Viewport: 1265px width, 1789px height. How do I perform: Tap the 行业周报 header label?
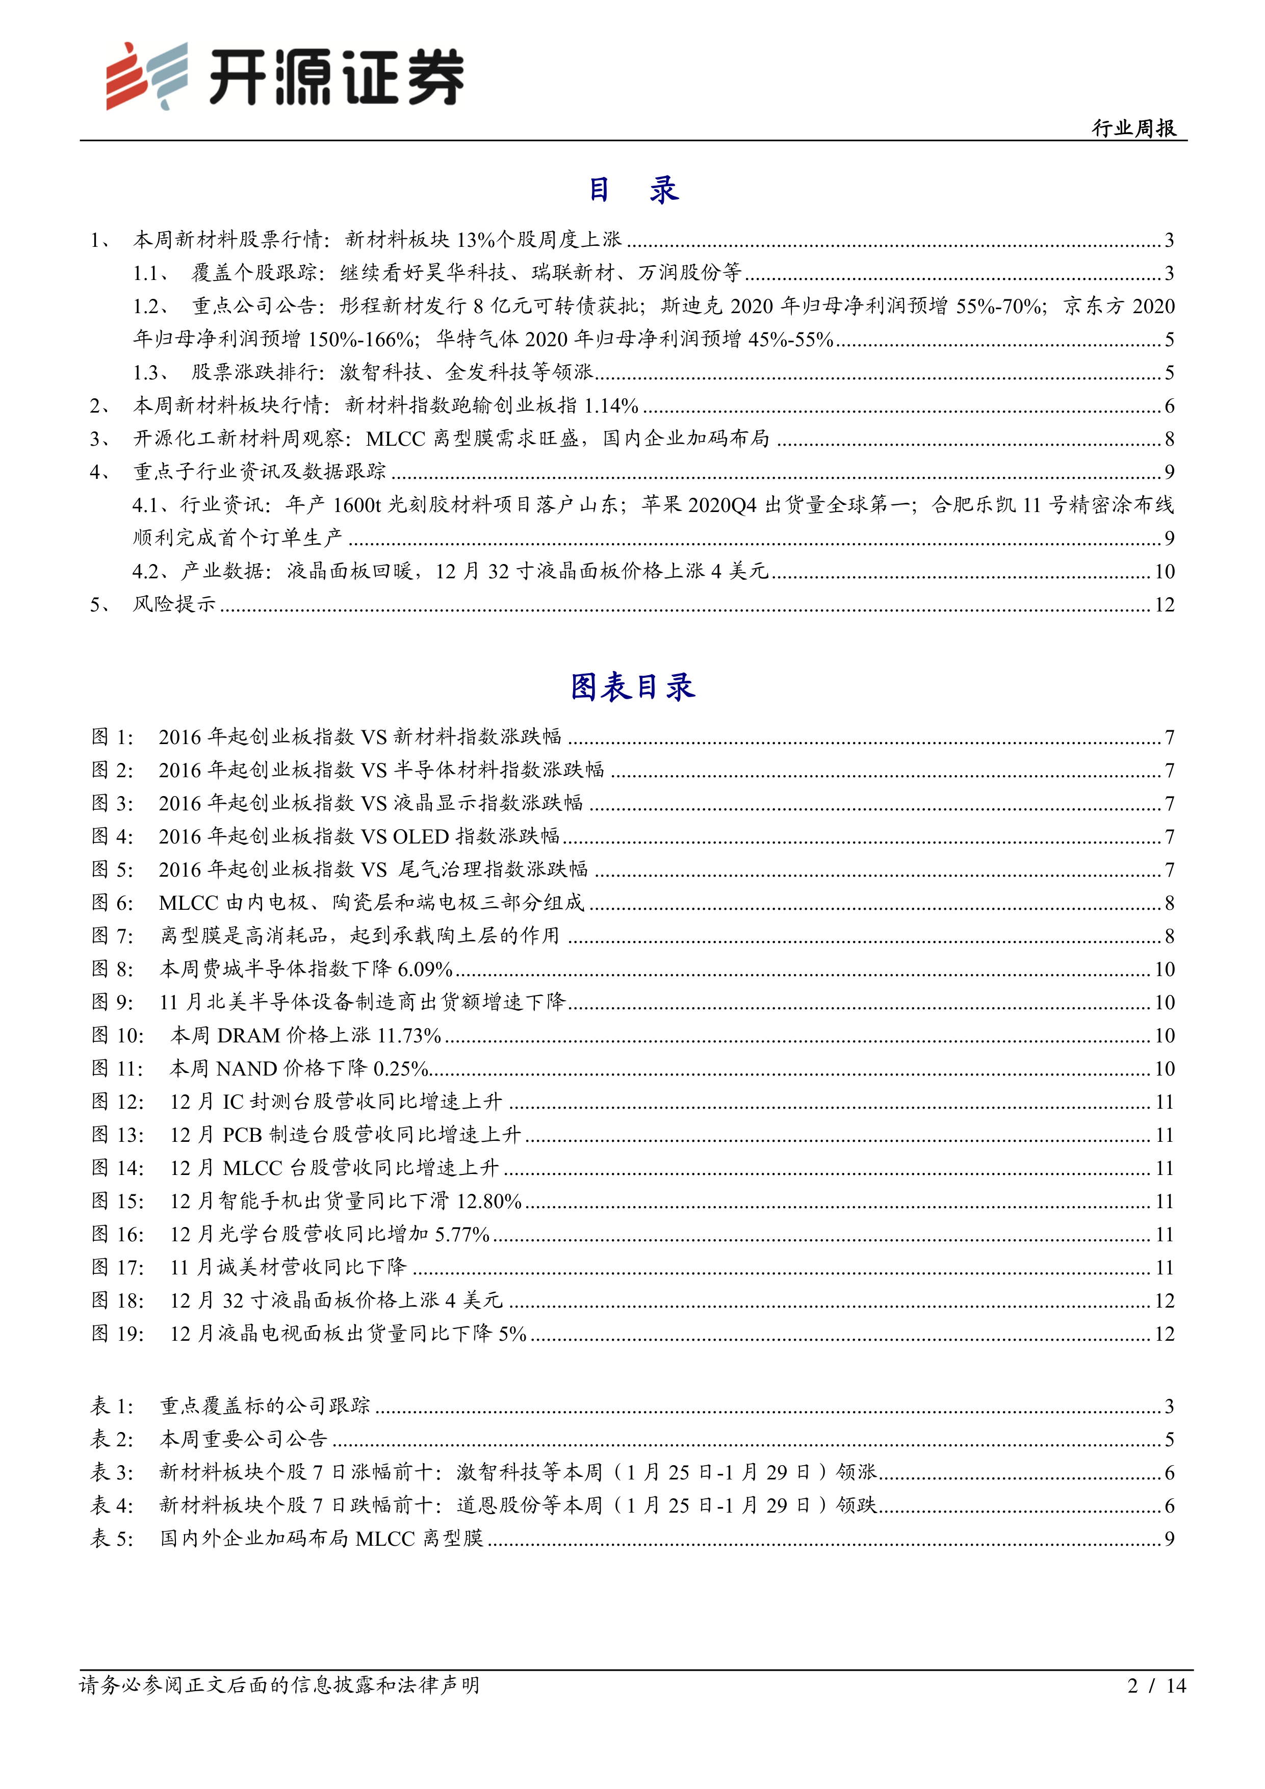tap(1133, 128)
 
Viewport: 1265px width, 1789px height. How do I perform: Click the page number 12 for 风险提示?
tap(1164, 605)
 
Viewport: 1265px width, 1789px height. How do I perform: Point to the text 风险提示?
tap(174, 605)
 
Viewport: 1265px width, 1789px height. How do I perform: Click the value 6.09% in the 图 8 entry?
tap(425, 969)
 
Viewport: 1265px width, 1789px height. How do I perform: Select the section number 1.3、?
tap(151, 372)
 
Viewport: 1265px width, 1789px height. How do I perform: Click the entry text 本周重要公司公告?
tap(244, 1439)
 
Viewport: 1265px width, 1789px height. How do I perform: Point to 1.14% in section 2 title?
tap(611, 406)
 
